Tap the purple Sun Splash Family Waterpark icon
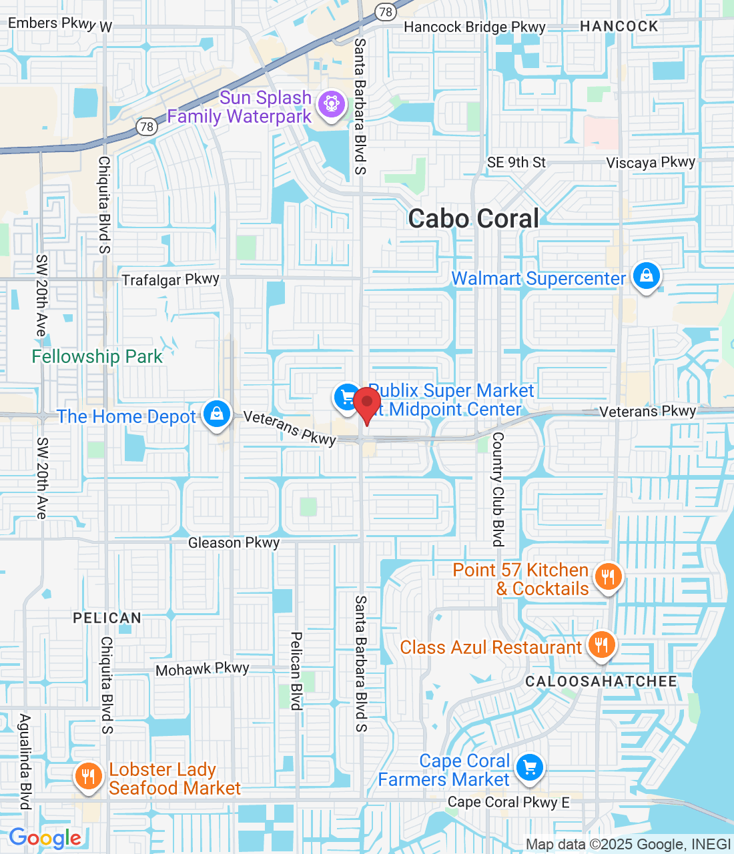pos(330,104)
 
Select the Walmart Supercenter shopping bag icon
pos(646,276)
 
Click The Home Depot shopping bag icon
pos(216,414)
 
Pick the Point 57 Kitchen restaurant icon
pos(607,576)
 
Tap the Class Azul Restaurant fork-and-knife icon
pos(601,645)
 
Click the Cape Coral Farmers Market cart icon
pos(530,767)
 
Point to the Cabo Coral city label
pos(474,219)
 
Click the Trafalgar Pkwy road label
pos(171,280)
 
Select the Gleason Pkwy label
pos(234,543)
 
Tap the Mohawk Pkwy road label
pos(202,669)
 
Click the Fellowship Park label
pos(97,357)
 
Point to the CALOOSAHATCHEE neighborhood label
pos(601,681)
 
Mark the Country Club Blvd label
pos(498,490)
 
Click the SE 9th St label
pos(516,163)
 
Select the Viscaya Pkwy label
pos(651,163)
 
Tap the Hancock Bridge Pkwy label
pos(475,27)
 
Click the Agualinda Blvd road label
pos(25,761)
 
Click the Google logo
pos(45,838)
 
